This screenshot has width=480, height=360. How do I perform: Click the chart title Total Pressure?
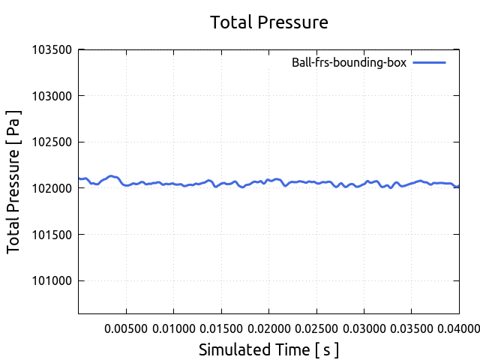(x=269, y=22)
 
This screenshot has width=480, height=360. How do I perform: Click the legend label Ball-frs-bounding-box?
(x=349, y=63)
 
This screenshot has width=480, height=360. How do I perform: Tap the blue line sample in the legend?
(x=429, y=63)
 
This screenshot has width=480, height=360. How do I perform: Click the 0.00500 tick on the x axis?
(x=126, y=328)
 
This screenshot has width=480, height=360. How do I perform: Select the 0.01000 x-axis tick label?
(x=173, y=328)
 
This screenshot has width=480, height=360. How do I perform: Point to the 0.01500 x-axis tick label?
(x=221, y=328)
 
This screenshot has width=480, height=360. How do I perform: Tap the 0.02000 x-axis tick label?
(x=268, y=328)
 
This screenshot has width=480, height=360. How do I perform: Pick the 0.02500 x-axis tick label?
(x=316, y=328)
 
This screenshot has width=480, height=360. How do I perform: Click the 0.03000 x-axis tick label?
(x=364, y=328)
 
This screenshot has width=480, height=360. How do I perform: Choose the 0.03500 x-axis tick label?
(x=412, y=328)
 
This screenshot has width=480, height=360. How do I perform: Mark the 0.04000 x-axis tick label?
(x=458, y=328)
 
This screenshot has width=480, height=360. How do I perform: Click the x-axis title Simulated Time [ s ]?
(x=269, y=349)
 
